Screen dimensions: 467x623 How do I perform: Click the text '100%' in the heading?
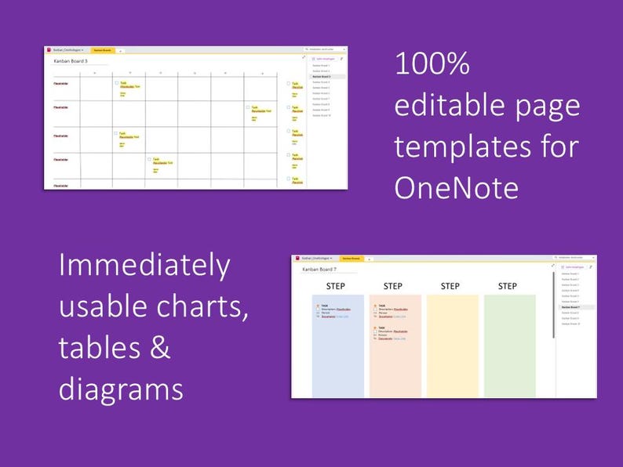[x=432, y=65]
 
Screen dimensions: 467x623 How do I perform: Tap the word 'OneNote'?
[x=456, y=187]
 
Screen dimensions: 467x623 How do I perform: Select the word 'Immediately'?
[x=144, y=266]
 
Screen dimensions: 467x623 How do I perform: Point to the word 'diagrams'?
[x=121, y=389]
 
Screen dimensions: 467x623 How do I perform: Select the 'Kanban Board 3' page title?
[x=71, y=60]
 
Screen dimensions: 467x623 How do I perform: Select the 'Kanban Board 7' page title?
[x=319, y=270]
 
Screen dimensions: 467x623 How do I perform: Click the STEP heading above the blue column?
[x=335, y=286]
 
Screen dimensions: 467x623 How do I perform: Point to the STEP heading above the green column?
[x=508, y=286]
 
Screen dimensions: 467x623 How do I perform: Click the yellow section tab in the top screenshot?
[x=103, y=50]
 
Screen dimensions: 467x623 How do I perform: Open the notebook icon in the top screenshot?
[x=49, y=50]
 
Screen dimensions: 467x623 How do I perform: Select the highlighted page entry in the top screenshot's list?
[x=322, y=77]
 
